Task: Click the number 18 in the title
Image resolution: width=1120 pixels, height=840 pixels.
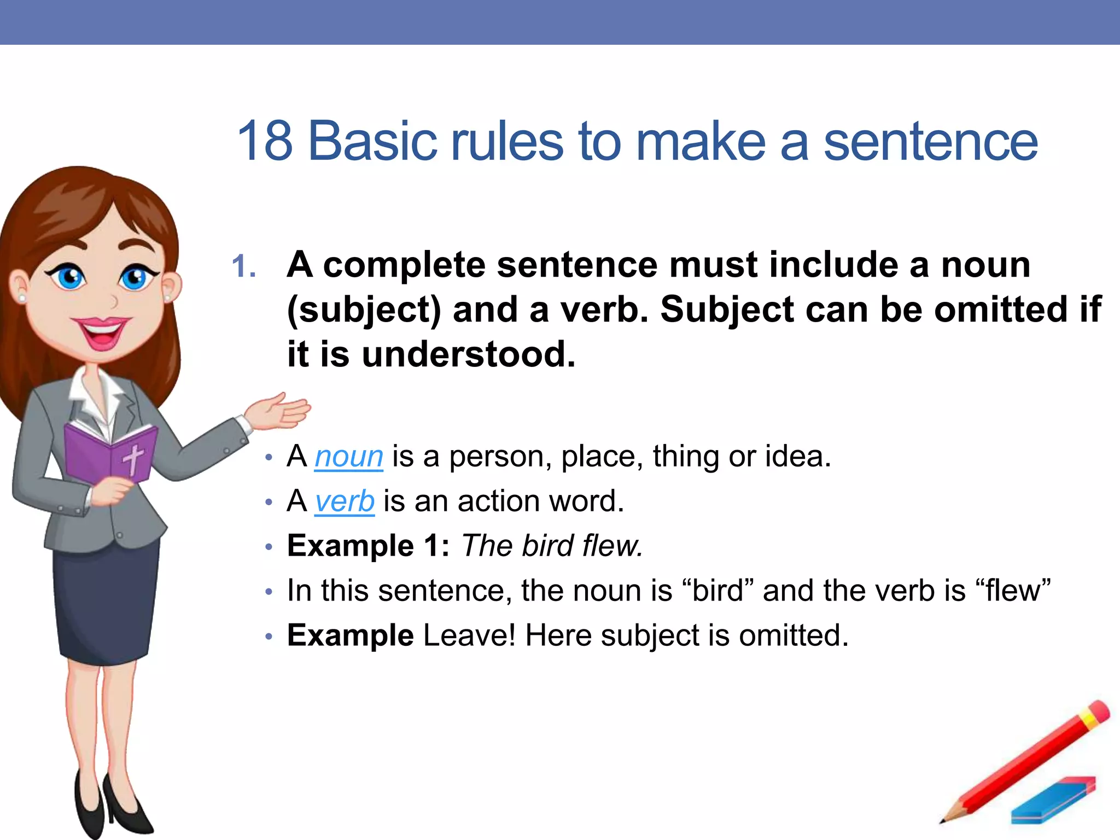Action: (265, 141)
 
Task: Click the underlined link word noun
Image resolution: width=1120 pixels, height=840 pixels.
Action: (348, 457)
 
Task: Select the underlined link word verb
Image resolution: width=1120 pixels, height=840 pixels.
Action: (345, 501)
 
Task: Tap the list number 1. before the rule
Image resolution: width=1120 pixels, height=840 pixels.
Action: (244, 267)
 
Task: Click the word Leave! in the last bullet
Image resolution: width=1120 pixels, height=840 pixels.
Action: (469, 635)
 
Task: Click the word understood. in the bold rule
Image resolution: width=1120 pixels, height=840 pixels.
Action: (469, 354)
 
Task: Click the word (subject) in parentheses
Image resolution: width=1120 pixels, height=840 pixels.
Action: (364, 310)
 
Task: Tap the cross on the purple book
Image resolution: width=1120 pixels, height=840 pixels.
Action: (133, 458)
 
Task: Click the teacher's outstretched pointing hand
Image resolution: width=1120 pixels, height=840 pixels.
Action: (279, 411)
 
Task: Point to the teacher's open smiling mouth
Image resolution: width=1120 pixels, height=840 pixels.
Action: (102, 332)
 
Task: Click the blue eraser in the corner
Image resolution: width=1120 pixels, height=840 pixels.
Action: (1053, 801)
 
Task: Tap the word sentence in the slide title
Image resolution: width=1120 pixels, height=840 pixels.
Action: (930, 141)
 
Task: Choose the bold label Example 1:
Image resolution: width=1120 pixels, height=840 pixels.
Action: (368, 546)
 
